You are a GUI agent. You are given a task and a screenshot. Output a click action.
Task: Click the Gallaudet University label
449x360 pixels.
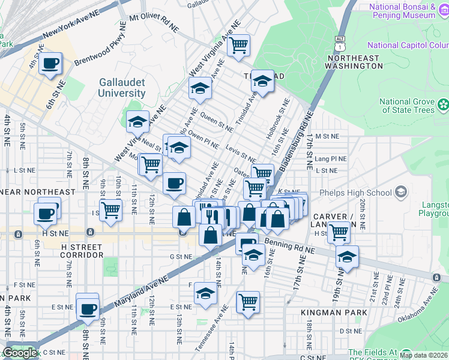[x=122, y=87]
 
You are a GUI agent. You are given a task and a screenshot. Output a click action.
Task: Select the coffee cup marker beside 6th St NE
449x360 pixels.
[x=50, y=63]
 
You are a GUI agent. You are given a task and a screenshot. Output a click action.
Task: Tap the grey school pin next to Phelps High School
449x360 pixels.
[x=400, y=192]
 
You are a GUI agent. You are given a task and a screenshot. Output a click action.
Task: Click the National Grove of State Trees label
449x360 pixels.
[x=408, y=106]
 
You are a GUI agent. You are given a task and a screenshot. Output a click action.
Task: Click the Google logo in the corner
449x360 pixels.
[x=19, y=353]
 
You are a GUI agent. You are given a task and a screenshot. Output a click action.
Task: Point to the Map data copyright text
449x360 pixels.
[x=424, y=355]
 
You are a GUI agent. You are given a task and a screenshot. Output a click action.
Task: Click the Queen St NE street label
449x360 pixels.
[x=217, y=121]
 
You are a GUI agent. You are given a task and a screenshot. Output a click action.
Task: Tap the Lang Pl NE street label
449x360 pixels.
[x=331, y=159]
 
